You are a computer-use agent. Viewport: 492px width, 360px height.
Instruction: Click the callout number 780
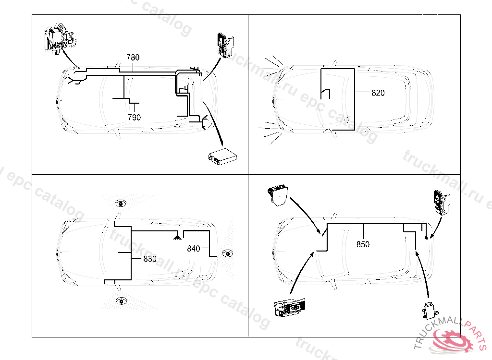[x=133, y=58]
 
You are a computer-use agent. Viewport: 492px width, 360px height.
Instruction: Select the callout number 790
[x=135, y=117]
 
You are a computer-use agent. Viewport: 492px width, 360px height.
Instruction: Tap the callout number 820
[x=378, y=93]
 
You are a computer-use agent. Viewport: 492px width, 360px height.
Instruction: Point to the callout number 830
[x=150, y=259]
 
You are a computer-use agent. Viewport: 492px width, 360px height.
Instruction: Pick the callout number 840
[x=194, y=249]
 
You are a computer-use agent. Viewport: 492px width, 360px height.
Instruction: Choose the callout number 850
[x=363, y=244]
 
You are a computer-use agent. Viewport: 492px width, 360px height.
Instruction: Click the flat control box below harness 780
[x=222, y=156]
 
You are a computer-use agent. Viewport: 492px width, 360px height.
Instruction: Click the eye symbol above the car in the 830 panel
[x=120, y=204]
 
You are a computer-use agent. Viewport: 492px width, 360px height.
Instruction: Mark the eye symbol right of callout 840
[x=227, y=253]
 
